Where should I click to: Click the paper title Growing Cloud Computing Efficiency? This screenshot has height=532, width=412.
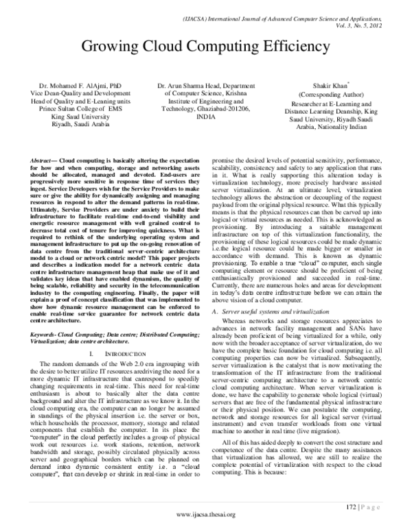pyautogui.click(x=206, y=47)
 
